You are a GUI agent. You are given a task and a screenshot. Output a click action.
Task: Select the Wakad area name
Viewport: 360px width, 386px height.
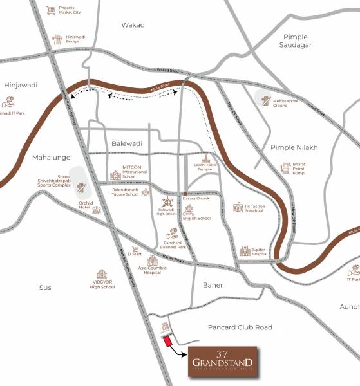(133, 25)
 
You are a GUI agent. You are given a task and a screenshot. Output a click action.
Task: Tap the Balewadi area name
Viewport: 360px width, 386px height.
(126, 144)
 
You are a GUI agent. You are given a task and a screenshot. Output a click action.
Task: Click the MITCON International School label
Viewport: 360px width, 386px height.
(136, 172)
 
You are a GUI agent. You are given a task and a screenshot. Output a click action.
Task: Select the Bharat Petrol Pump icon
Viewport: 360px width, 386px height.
(285, 168)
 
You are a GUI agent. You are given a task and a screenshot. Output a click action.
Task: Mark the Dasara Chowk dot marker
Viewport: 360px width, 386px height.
(185, 192)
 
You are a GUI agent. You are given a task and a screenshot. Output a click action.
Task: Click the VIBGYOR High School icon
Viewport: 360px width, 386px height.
(101, 275)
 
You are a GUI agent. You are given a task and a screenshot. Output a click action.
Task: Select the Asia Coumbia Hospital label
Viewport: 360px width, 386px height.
(152, 270)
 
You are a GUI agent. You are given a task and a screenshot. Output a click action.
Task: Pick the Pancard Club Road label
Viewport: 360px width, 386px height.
(245, 327)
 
